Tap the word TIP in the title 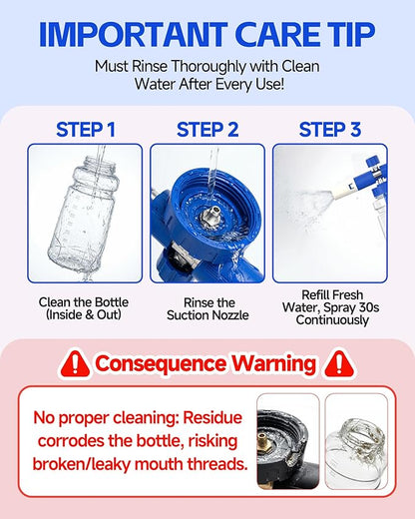click(352, 35)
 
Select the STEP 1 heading click(86, 130)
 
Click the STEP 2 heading click(207, 130)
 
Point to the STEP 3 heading click(330, 130)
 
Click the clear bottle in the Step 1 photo click(83, 213)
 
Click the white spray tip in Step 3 click(340, 190)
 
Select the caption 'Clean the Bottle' click(84, 302)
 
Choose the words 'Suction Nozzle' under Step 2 click(207, 315)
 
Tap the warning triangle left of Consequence click(75, 363)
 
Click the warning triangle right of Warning click(339, 363)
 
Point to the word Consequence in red click(161, 363)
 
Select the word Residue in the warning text click(212, 417)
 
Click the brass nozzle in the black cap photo click(262, 440)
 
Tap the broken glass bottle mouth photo click(356, 441)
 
